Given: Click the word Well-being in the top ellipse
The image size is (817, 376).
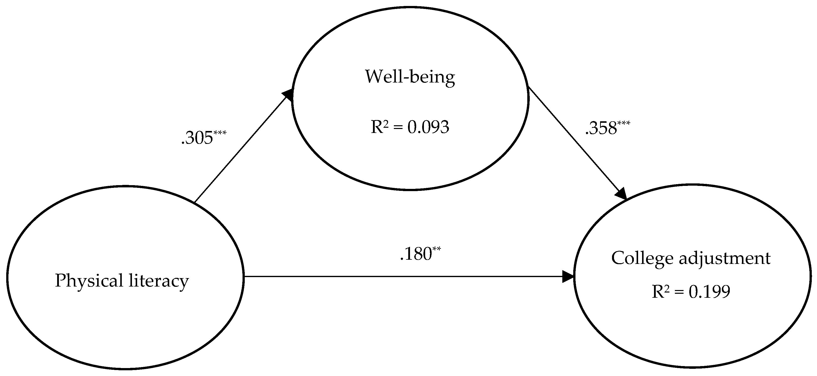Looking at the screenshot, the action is [410, 77].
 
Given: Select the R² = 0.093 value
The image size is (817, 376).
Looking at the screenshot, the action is [410, 127].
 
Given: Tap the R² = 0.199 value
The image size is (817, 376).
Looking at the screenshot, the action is [691, 292].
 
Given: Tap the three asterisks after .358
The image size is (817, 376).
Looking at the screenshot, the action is [623, 123].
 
